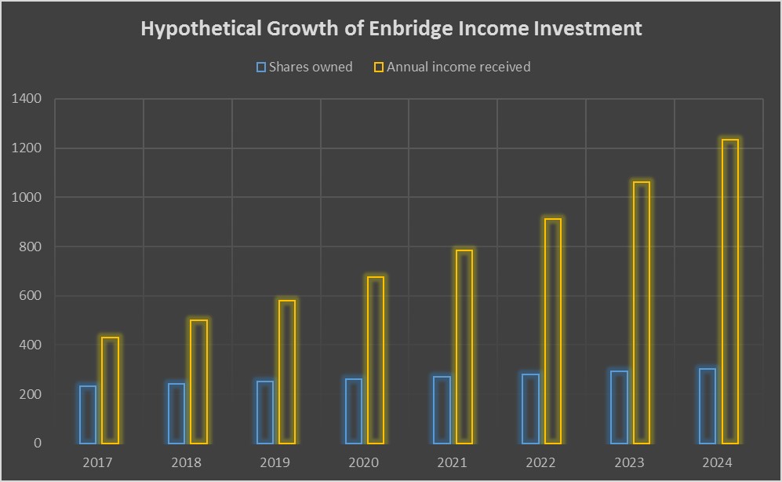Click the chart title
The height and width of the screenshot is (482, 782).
coord(391,29)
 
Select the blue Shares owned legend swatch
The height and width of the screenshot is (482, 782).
coord(261,68)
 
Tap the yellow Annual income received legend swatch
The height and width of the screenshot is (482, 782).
coord(379,68)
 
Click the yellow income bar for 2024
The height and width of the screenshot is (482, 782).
coord(729,291)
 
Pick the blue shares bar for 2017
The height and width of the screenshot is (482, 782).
coord(88,414)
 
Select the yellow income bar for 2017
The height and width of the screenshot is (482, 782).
coord(110,390)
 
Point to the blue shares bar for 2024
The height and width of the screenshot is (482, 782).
coord(707,406)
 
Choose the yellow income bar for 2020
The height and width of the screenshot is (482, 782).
coord(376,360)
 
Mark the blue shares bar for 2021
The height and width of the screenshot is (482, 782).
coord(442,410)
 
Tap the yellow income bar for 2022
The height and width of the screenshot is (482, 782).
coord(553,331)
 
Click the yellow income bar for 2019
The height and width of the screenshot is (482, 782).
coord(287,372)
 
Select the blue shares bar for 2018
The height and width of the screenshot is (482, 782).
coord(176,413)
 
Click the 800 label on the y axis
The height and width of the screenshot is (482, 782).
coord(30,246)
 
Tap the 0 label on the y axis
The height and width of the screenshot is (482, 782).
coord(37,444)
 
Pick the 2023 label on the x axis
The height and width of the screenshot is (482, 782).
coord(628,462)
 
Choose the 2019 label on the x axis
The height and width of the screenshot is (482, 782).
coord(275,462)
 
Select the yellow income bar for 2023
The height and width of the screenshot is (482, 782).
coord(642,312)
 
